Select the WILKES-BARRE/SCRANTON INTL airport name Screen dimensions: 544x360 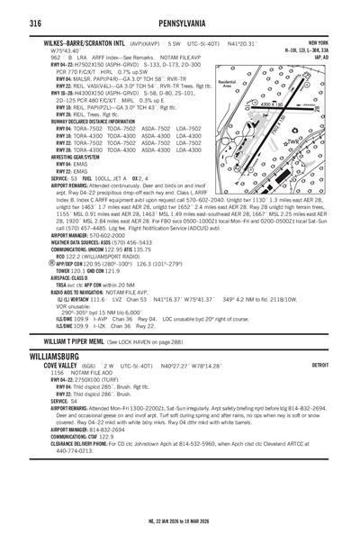[x=85, y=42]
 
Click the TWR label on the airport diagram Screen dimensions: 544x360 [x=314, y=141]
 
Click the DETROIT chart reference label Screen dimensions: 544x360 [x=318, y=392]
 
